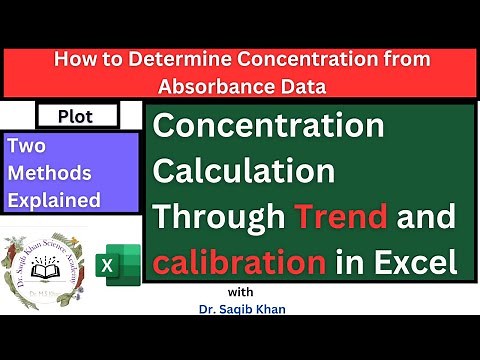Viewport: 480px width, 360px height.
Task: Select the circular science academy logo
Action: (x=46, y=265)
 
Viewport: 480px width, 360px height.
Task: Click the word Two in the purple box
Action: (x=25, y=146)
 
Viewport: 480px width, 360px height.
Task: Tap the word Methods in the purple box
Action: (x=44, y=172)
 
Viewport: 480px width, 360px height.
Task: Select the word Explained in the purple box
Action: (x=54, y=199)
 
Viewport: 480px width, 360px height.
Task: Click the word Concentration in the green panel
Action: (x=267, y=128)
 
